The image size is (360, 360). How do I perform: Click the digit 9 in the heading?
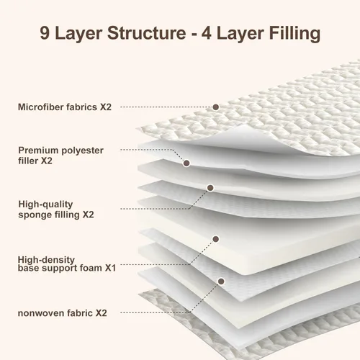[x=45, y=32]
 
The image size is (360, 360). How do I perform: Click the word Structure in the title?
[x=146, y=32]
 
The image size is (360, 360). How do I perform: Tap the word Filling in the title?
[x=294, y=33]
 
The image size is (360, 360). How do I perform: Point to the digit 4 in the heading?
[x=207, y=32]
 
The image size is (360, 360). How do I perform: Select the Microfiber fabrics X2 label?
[x=65, y=107]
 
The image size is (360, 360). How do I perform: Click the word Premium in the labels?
[x=38, y=150]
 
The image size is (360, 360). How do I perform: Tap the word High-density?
[x=46, y=260]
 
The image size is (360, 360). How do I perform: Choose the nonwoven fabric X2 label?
[x=63, y=313]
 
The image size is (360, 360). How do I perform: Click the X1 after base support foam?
[x=110, y=268]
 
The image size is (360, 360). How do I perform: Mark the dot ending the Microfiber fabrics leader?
[x=216, y=107]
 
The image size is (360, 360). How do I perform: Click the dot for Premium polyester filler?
[x=186, y=163]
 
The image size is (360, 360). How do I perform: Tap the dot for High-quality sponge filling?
[x=210, y=188]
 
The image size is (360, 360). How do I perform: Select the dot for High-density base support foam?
[x=216, y=239]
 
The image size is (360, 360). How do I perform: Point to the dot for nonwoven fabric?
[x=221, y=281]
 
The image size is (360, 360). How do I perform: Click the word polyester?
[x=82, y=151]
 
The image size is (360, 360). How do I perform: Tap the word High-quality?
[x=45, y=204]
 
